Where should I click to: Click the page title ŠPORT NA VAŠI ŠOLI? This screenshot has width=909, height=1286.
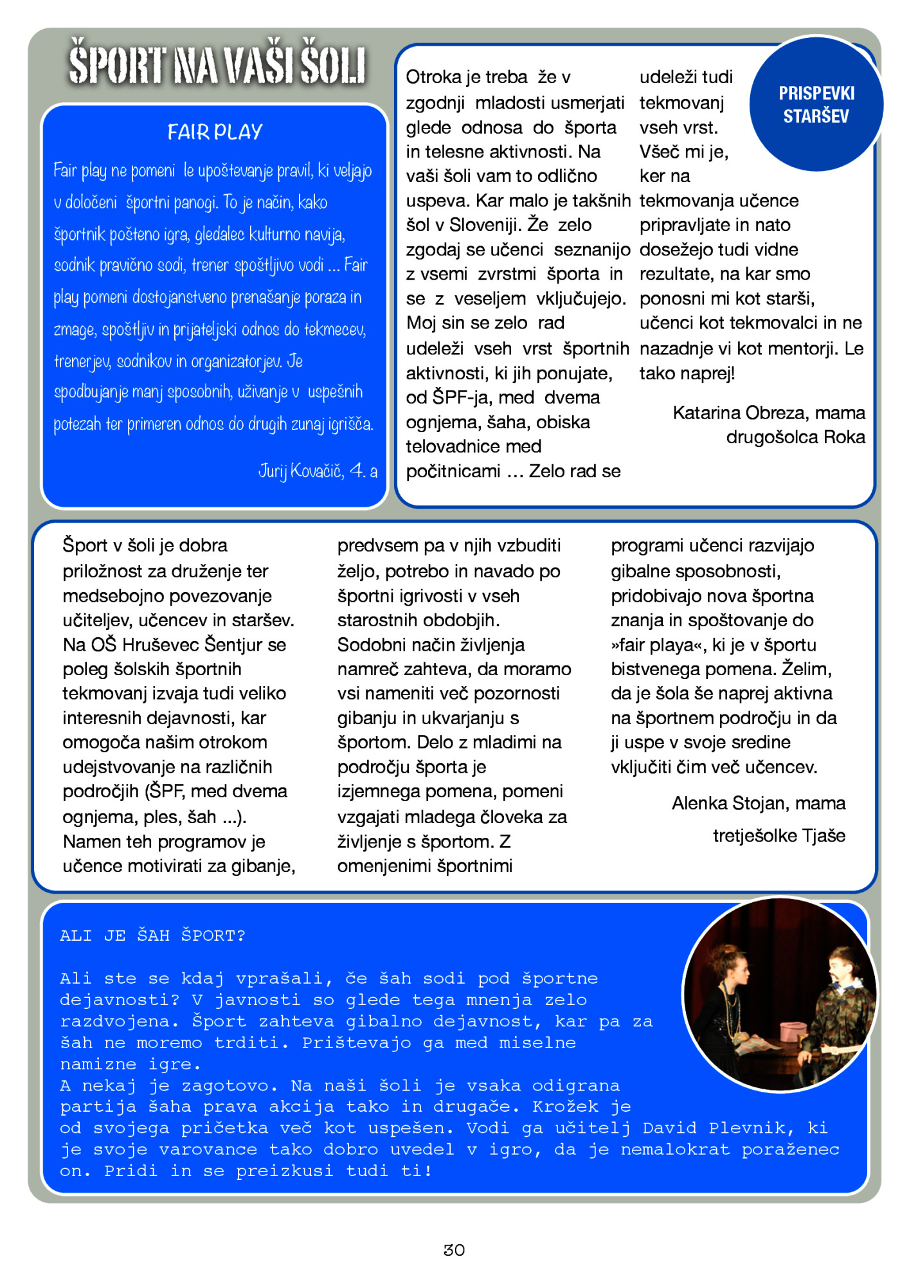pyautogui.click(x=217, y=63)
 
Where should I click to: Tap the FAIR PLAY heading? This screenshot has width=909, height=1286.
pyautogui.click(x=215, y=132)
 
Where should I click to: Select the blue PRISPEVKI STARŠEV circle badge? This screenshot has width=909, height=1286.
pyautogui.click(x=816, y=105)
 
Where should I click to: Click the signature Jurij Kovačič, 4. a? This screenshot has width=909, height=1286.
pyautogui.click(x=318, y=471)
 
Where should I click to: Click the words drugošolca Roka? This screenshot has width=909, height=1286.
pyautogui.click(x=795, y=437)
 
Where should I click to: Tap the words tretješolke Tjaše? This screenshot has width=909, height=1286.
pyautogui.click(x=779, y=835)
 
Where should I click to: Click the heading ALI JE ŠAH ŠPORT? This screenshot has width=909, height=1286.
pyautogui.click(x=152, y=936)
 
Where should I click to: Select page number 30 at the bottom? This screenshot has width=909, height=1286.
pyautogui.click(x=454, y=1250)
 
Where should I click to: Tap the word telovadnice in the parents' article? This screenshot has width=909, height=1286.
pyautogui.click(x=451, y=446)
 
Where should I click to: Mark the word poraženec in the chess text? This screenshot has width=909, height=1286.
pyautogui.click(x=790, y=1149)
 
